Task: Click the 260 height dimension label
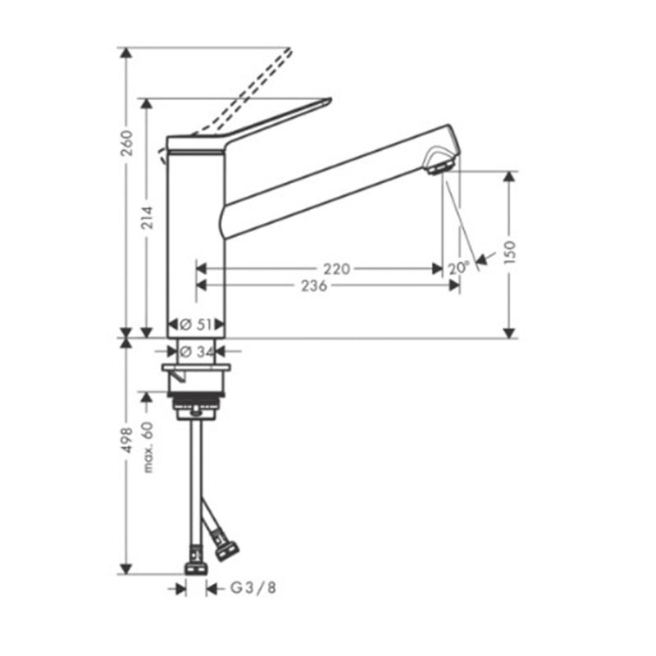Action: (127, 143)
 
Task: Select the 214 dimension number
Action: (147, 217)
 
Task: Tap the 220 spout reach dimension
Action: (337, 269)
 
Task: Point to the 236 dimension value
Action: (314, 285)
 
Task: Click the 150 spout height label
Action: (510, 253)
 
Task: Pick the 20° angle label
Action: (459, 268)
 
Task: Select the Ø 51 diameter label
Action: (196, 324)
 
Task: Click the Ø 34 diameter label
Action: (197, 352)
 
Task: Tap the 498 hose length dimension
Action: (127, 440)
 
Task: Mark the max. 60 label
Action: (148, 447)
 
